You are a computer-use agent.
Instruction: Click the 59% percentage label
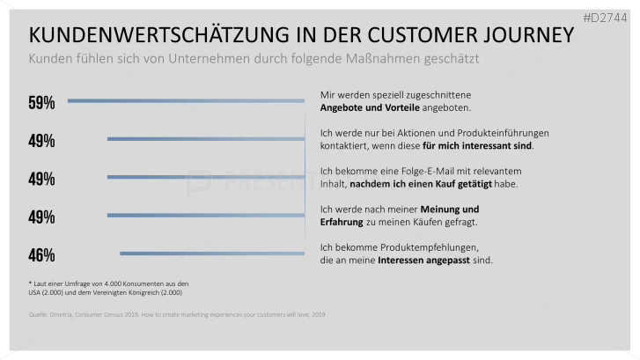(x=41, y=103)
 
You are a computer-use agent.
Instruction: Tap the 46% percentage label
(x=41, y=255)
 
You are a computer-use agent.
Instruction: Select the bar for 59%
(x=186, y=101)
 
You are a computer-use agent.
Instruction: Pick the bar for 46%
(x=212, y=253)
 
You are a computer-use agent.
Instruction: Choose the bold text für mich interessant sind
(x=477, y=145)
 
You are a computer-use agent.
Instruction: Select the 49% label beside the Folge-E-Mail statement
(x=41, y=179)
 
